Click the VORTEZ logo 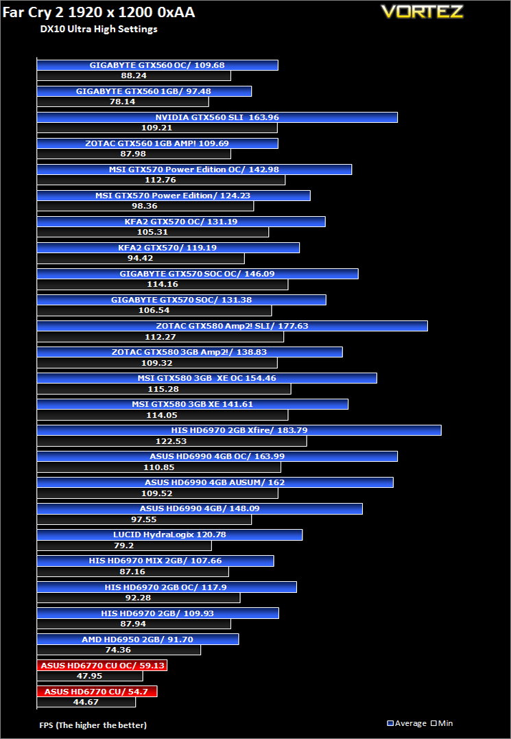422,12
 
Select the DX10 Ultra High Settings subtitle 99,30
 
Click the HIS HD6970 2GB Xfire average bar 239,430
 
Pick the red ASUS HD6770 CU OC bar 102,666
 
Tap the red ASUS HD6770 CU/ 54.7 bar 97,692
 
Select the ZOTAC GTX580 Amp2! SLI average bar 233,326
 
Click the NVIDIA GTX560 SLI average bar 217,117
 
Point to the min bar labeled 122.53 172,441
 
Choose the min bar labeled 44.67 86,702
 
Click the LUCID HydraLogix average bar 169,535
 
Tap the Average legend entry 407,723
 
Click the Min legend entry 442,723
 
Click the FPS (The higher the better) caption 93,725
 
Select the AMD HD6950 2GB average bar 138,640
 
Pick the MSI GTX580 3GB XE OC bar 206,378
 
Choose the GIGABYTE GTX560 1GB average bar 144,91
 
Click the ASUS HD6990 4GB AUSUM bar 215,482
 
